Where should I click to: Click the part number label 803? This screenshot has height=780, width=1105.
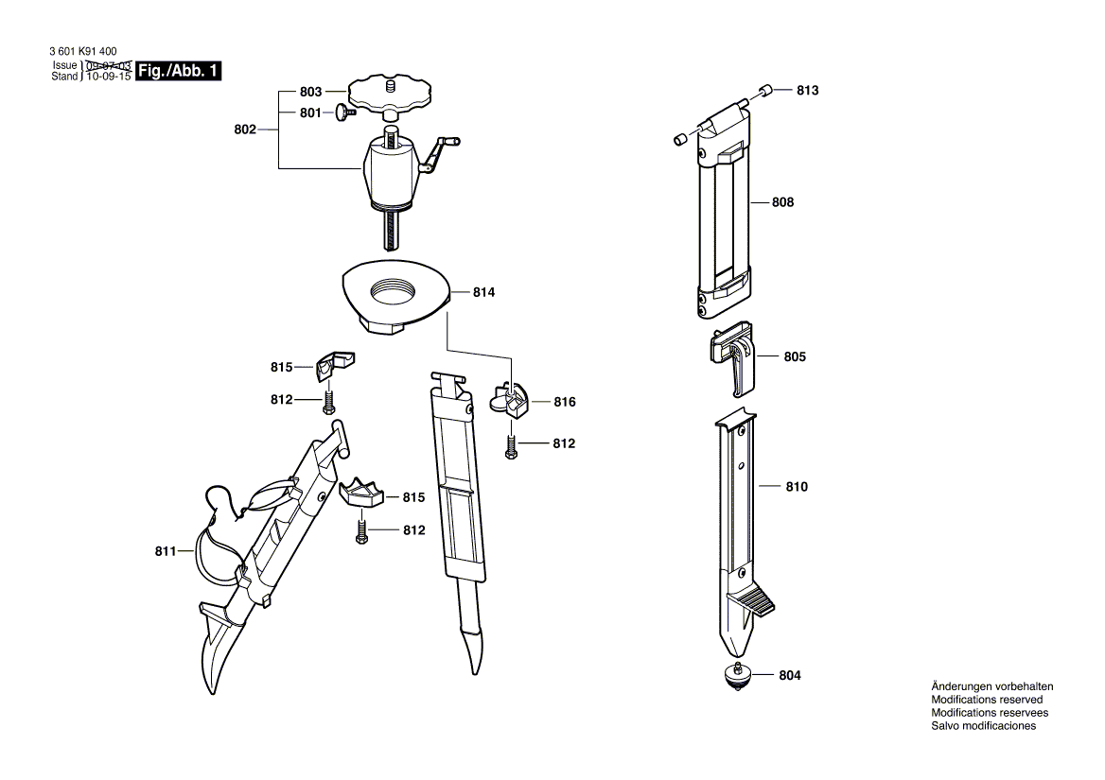310,92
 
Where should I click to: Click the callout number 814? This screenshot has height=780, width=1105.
483,293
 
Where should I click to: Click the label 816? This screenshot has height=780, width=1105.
564,402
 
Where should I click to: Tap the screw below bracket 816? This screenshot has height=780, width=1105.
511,446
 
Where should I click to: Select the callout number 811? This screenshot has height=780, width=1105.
167,550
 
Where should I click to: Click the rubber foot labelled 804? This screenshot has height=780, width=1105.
737,677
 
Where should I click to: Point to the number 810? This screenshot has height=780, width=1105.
797,487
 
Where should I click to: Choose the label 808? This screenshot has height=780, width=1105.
782,202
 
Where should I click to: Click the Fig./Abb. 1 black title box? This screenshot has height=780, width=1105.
179,71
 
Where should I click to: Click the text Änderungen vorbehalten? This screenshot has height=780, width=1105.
991,686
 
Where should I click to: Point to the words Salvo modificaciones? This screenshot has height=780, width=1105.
983,726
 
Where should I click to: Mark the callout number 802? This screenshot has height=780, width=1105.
245,130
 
